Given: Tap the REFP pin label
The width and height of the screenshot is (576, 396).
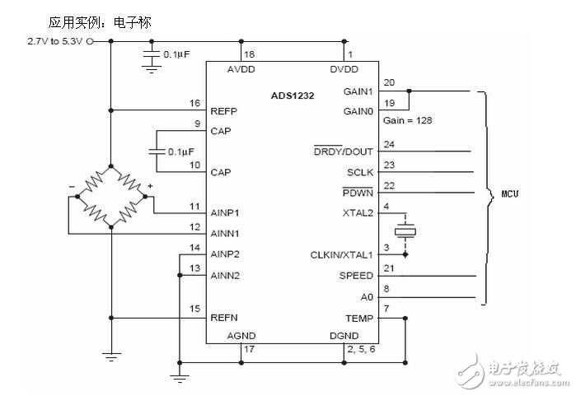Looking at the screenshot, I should tap(224, 111).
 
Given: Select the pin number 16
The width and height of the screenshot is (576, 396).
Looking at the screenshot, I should tap(194, 103).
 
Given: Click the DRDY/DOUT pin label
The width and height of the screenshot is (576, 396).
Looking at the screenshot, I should tap(343, 151).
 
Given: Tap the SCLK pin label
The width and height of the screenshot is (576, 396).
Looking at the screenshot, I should tap(359, 172).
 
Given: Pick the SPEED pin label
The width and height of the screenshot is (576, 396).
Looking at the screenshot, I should tap(357, 275).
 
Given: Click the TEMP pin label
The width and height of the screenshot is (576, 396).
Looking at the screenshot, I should tap(359, 317).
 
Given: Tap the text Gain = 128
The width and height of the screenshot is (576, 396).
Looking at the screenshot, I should tap(408, 120).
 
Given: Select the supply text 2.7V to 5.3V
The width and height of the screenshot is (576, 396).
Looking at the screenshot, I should tap(55, 40).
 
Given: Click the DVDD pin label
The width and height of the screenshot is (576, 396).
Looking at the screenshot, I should tap(343, 69).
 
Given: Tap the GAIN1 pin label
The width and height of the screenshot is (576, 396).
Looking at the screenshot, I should tap(358, 91).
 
